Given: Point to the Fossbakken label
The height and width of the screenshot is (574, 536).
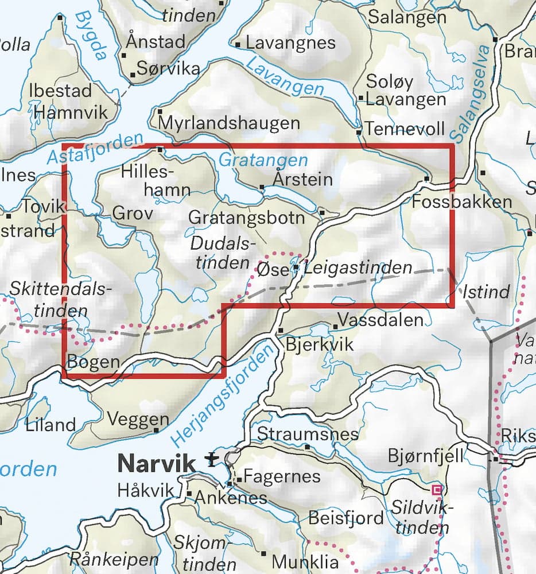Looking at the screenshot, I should [x=461, y=201].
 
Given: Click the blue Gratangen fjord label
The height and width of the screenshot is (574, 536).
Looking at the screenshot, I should [x=263, y=161].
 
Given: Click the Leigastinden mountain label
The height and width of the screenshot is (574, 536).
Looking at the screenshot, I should [x=359, y=267].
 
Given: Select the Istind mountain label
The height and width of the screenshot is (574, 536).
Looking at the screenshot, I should [x=486, y=292].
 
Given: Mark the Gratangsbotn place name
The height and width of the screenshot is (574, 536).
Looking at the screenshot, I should [x=247, y=218].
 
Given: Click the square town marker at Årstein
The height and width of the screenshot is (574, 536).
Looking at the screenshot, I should [x=262, y=187].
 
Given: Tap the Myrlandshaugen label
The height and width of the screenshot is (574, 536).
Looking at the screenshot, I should [x=229, y=123].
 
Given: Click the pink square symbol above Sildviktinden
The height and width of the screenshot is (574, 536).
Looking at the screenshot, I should [x=437, y=489].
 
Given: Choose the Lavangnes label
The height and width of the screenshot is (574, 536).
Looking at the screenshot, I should [x=290, y=42].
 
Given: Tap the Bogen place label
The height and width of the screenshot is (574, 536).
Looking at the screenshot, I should [x=94, y=362].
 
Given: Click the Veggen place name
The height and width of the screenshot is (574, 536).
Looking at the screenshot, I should [x=138, y=420].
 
